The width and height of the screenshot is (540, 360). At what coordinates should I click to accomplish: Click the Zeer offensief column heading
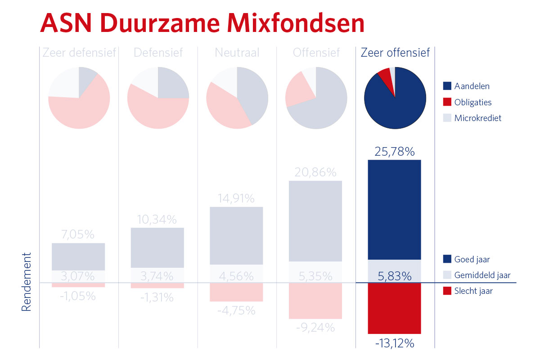pos(395,53)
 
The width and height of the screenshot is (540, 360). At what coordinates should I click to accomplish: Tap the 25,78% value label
pos(395,152)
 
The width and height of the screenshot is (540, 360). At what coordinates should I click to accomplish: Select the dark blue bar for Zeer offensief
pos(394,210)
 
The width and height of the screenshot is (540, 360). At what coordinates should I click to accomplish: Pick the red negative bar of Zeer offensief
pos(394,309)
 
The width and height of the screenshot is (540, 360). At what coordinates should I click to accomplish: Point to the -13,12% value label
pos(395,344)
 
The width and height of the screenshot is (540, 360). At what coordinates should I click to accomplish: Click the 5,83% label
pos(394,275)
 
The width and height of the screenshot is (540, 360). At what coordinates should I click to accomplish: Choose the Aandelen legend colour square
pos(447,86)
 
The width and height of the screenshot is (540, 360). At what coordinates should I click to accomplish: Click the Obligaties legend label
pos(473,102)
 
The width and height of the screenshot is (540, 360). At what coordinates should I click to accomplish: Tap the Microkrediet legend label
pos(478,118)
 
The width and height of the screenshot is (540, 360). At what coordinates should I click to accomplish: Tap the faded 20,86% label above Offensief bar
pos(315,172)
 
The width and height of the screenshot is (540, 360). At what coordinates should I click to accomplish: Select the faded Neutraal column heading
pos(237,53)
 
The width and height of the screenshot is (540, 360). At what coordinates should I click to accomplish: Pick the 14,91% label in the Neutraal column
pos(236,198)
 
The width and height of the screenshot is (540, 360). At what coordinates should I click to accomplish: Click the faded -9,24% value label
pos(315,328)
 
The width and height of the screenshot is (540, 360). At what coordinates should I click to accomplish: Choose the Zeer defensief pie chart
pos(79,98)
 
